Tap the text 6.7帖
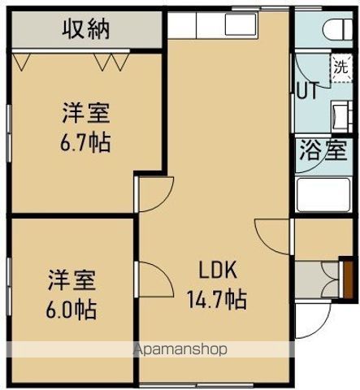(x=85, y=143)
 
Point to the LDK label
(x=219, y=271)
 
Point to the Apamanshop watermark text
(x=180, y=350)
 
